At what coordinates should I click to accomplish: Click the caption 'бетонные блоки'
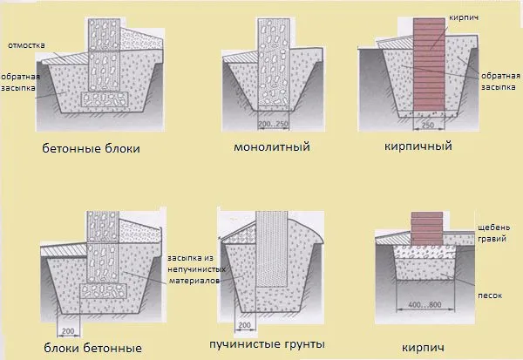click(91, 148)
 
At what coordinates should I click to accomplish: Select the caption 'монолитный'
click(272, 146)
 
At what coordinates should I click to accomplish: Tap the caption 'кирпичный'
click(418, 146)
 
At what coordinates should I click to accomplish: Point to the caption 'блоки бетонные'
click(93, 348)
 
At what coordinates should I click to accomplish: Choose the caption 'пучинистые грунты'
click(268, 344)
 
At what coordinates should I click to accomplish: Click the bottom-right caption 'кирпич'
click(423, 348)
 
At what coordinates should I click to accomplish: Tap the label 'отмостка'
click(26, 45)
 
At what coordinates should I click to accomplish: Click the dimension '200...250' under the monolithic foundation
click(273, 124)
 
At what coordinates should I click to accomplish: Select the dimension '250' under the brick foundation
click(428, 126)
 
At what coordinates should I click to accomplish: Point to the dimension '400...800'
click(425, 304)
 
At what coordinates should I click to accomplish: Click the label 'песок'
click(490, 295)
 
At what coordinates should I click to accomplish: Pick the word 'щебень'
click(494, 228)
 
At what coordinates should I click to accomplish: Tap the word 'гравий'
click(492, 239)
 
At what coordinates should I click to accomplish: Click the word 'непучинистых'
click(196, 269)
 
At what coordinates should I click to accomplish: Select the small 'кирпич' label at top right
click(464, 17)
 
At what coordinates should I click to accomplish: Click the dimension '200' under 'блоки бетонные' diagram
click(68, 331)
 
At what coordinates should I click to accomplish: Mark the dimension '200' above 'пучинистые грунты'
click(245, 325)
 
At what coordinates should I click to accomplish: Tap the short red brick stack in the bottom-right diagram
click(427, 228)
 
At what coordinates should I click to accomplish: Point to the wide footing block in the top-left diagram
click(105, 99)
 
